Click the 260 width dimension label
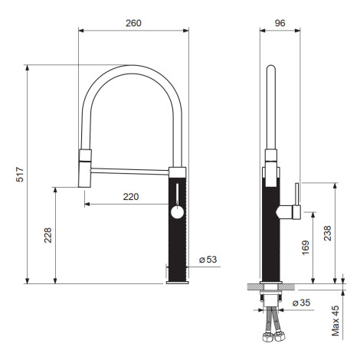click(133, 23)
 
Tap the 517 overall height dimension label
click(20, 175)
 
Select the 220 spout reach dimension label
click(131, 197)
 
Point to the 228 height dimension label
click(47, 235)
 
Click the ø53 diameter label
click(208, 260)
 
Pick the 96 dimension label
click(280, 23)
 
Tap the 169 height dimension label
click(306, 247)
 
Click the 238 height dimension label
click(327, 233)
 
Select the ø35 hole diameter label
click(301, 303)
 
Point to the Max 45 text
click(335, 321)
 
